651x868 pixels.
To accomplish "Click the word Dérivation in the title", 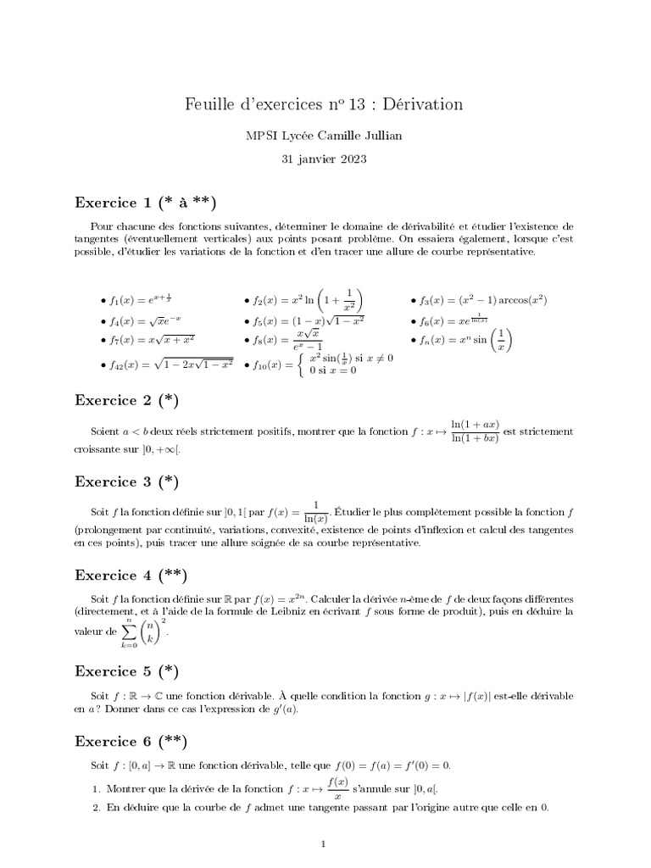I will [421, 104].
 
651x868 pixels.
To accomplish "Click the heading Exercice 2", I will [127, 400].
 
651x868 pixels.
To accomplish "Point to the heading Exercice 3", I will [127, 481].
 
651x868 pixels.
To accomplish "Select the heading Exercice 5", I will [127, 671].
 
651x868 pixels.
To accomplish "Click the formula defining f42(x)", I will [166, 364].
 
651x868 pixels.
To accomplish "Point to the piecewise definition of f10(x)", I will [317, 364].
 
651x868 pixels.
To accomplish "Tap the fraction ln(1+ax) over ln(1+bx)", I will [474, 431].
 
